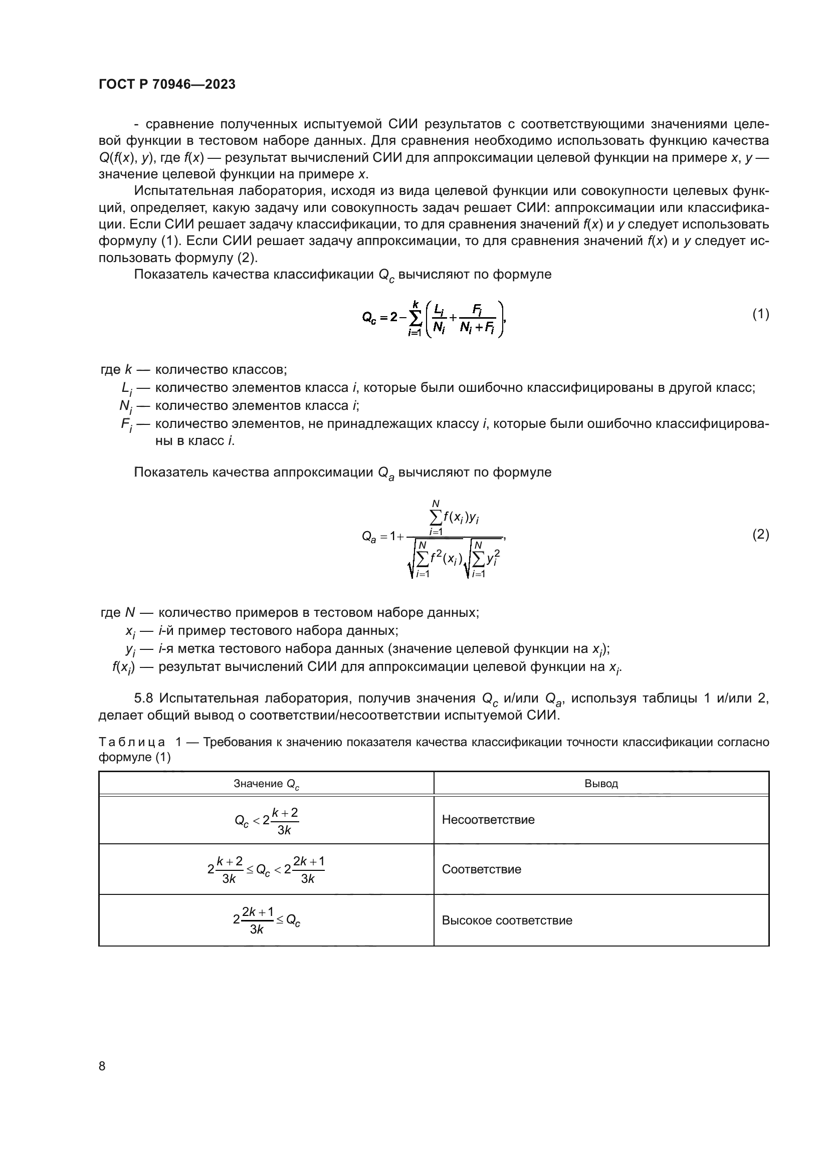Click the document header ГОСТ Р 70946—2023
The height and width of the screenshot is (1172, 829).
(167, 85)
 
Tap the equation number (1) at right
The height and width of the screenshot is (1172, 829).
(760, 315)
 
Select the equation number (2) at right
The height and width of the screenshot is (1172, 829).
(760, 535)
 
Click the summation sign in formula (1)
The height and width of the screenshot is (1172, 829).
(416, 318)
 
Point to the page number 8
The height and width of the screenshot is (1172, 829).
(102, 1066)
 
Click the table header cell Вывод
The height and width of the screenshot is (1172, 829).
(601, 784)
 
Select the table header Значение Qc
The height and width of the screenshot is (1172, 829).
(266, 784)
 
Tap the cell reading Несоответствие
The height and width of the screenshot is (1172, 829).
(488, 820)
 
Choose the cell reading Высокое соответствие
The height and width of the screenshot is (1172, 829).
(506, 920)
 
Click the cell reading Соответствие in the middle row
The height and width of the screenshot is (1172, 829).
(481, 869)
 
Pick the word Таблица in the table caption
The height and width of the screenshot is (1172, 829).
(132, 742)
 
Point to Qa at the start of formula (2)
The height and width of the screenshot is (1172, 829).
(368, 537)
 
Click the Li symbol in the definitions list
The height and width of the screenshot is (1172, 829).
(126, 388)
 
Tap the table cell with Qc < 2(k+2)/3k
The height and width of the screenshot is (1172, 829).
(266, 820)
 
